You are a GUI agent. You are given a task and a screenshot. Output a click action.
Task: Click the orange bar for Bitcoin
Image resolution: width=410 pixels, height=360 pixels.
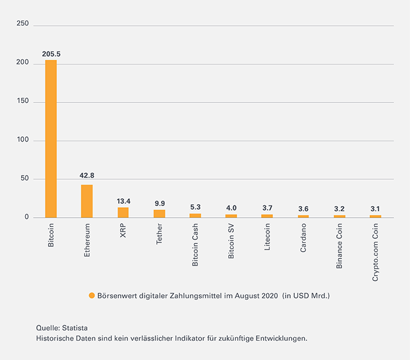pos(51,139)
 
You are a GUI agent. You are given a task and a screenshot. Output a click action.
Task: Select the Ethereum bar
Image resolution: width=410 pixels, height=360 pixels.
pos(87,201)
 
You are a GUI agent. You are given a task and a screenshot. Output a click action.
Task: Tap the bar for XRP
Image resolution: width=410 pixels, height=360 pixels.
pos(123,212)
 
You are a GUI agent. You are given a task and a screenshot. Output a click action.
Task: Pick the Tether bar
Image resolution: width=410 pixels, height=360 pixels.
pos(159,214)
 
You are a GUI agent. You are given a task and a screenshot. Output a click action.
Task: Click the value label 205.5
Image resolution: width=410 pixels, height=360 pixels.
pos(51,54)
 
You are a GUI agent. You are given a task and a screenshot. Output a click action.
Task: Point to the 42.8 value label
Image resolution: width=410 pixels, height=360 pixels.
pos(87,176)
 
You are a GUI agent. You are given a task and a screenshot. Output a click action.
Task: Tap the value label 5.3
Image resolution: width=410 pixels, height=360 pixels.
pos(196,207)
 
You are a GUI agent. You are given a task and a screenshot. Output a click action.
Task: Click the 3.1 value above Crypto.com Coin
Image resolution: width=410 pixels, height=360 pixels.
pos(375,209)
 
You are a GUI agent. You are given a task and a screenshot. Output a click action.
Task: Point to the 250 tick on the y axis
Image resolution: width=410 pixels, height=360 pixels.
pos(22,24)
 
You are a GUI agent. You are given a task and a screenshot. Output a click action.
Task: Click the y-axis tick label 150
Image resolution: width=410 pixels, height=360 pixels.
pos(22,102)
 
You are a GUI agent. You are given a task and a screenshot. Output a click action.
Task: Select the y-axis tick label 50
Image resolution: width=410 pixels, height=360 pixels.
pos(24,179)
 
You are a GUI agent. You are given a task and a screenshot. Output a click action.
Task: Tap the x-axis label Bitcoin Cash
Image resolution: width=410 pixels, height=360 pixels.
pos(196,246)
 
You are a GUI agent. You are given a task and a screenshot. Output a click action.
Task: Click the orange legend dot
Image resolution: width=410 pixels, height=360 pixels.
pos(91,296)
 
